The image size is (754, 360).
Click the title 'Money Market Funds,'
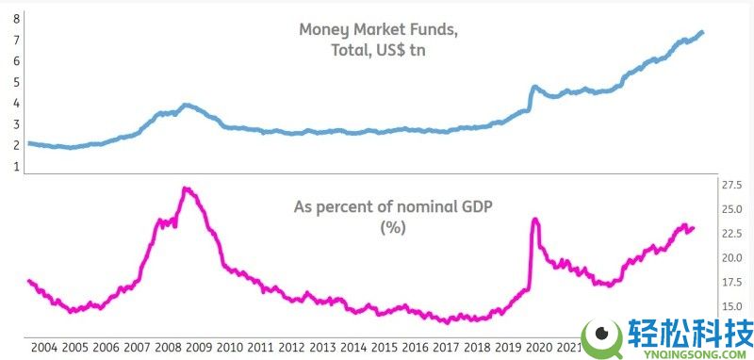point(379,29)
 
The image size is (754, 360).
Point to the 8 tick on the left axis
point(17,19)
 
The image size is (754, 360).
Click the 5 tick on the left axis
point(17,82)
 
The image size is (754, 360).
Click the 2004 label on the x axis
point(44,348)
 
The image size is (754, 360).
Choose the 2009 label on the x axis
point(200,348)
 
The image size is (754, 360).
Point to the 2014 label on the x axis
point(354,348)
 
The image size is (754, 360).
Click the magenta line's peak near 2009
point(187,189)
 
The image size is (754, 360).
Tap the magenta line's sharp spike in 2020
point(535,221)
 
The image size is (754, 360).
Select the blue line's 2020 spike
point(533,88)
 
